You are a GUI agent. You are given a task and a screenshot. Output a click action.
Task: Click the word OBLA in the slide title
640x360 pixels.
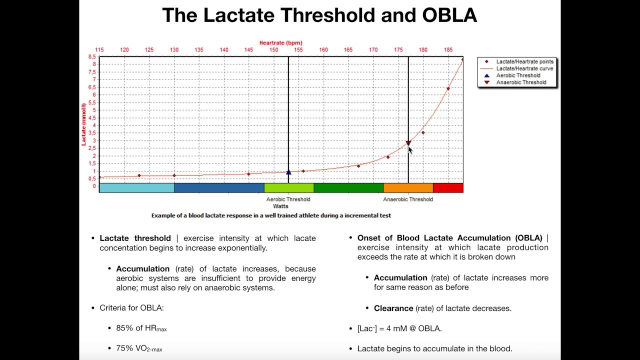coord(449,15)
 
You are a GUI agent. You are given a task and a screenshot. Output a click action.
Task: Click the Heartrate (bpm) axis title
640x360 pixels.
coord(280,43)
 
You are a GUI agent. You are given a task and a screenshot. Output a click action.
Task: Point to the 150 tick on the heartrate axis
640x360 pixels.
coord(274,50)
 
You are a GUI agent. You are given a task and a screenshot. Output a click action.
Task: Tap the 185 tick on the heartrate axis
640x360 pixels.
coord(448,50)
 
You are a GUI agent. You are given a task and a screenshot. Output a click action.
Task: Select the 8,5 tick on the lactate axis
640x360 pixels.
coord(92,57)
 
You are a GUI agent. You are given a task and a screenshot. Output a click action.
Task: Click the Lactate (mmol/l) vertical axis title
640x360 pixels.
coord(84,124)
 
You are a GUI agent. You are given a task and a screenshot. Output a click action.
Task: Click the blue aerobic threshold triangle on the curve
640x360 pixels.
coord(288,172)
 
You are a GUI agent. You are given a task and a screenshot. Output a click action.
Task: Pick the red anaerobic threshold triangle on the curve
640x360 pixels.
coord(408,143)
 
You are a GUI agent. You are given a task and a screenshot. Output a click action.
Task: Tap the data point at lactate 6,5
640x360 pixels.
coord(448,89)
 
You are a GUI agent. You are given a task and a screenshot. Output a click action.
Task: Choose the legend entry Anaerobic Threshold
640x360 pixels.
coord(521,82)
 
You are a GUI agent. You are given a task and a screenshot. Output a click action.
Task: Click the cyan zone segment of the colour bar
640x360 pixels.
coord(136,188)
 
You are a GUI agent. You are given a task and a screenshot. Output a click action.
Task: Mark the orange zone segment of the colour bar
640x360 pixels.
coord(408,188)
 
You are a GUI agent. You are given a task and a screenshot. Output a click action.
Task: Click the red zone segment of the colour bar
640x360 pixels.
coord(448,188)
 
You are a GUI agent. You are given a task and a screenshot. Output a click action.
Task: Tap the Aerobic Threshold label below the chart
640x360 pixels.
coord(288,199)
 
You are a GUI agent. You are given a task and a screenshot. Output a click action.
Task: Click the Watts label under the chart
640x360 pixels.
coord(280,206)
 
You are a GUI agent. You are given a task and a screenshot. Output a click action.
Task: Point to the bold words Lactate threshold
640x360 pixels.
coord(135,238)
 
